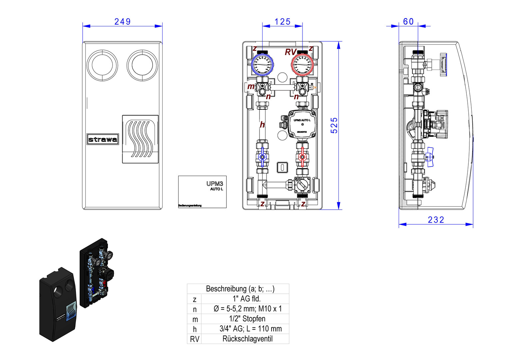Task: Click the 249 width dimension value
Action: [x=122, y=22]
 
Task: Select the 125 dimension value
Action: [x=282, y=22]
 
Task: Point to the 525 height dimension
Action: [x=334, y=125]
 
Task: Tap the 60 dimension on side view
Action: [x=408, y=22]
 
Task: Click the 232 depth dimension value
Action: [x=436, y=220]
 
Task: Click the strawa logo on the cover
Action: [x=103, y=139]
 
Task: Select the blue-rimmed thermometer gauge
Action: [x=262, y=64]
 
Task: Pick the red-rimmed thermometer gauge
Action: [x=302, y=64]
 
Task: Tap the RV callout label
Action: [x=290, y=52]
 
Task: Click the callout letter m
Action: [x=251, y=87]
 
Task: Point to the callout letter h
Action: [x=262, y=125]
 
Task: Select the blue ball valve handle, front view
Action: [x=262, y=157]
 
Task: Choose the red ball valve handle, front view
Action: [x=302, y=157]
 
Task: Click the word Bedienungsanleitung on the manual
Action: [x=190, y=206]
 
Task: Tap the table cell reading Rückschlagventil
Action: [x=247, y=339]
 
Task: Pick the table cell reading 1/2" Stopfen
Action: [x=247, y=319]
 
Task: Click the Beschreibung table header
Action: [x=240, y=289]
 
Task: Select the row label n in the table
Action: [x=195, y=309]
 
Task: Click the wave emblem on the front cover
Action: [x=140, y=139]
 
